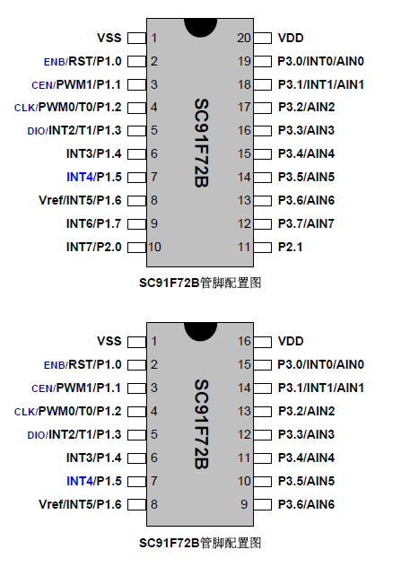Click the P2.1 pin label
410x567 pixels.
coord(290,247)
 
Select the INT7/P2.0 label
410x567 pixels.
coord(93,247)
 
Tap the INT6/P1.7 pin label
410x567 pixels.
coord(93,223)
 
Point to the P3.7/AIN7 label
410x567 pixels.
coord(306,223)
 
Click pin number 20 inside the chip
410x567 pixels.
coord(244,38)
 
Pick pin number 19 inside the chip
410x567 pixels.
coord(244,61)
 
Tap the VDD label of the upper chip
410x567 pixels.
coord(291,38)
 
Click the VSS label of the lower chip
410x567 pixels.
coord(109,341)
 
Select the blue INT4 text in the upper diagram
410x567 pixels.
coord(80,177)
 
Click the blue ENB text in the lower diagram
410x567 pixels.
coord(55,365)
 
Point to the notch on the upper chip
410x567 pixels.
coord(201,28)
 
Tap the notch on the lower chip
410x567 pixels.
coord(201,332)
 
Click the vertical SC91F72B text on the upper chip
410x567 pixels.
coord(201,143)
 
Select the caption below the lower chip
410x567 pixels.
coord(200,543)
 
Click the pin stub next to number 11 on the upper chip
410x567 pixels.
coord(263,248)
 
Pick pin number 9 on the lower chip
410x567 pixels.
coord(244,504)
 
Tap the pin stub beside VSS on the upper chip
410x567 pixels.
coord(137,39)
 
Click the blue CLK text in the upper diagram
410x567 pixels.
coord(24,108)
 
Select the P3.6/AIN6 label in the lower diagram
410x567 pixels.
coord(306,504)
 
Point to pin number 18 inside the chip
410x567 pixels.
coord(244,84)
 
